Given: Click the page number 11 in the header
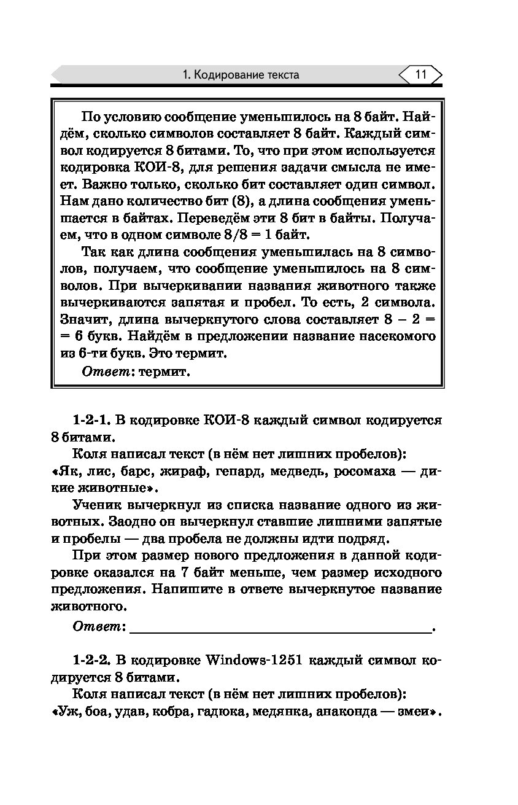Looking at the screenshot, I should (420, 75).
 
